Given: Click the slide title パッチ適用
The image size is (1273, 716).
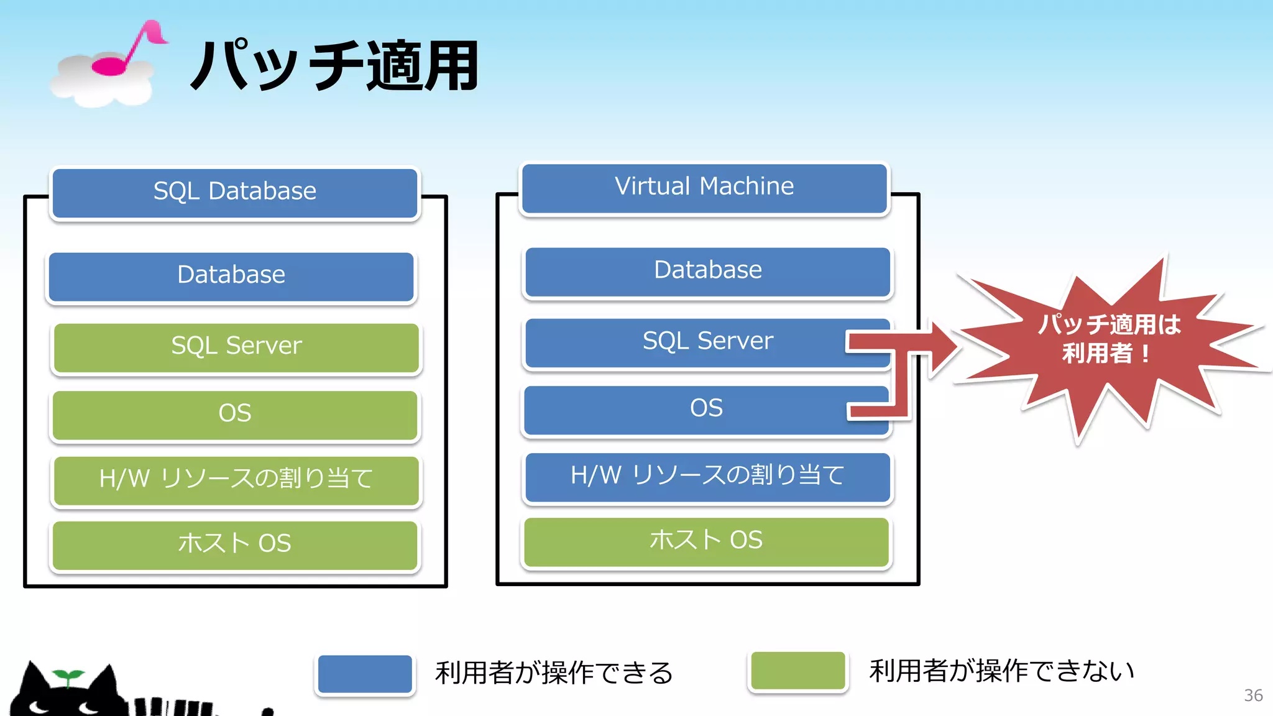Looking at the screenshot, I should click(x=334, y=66).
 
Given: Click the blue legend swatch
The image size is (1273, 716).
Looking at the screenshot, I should click(x=365, y=674).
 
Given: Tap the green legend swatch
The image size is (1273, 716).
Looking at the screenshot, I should click(x=797, y=671).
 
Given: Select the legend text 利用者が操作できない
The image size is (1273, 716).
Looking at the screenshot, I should click(x=1001, y=671).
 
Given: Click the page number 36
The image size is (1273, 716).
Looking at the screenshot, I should click(x=1252, y=695).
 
